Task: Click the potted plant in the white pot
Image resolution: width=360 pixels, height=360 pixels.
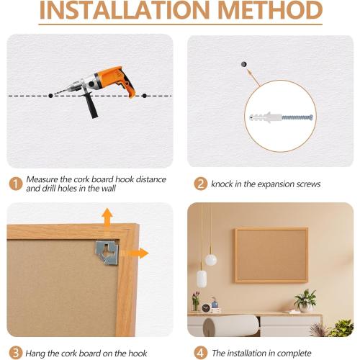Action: pos(305,300)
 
